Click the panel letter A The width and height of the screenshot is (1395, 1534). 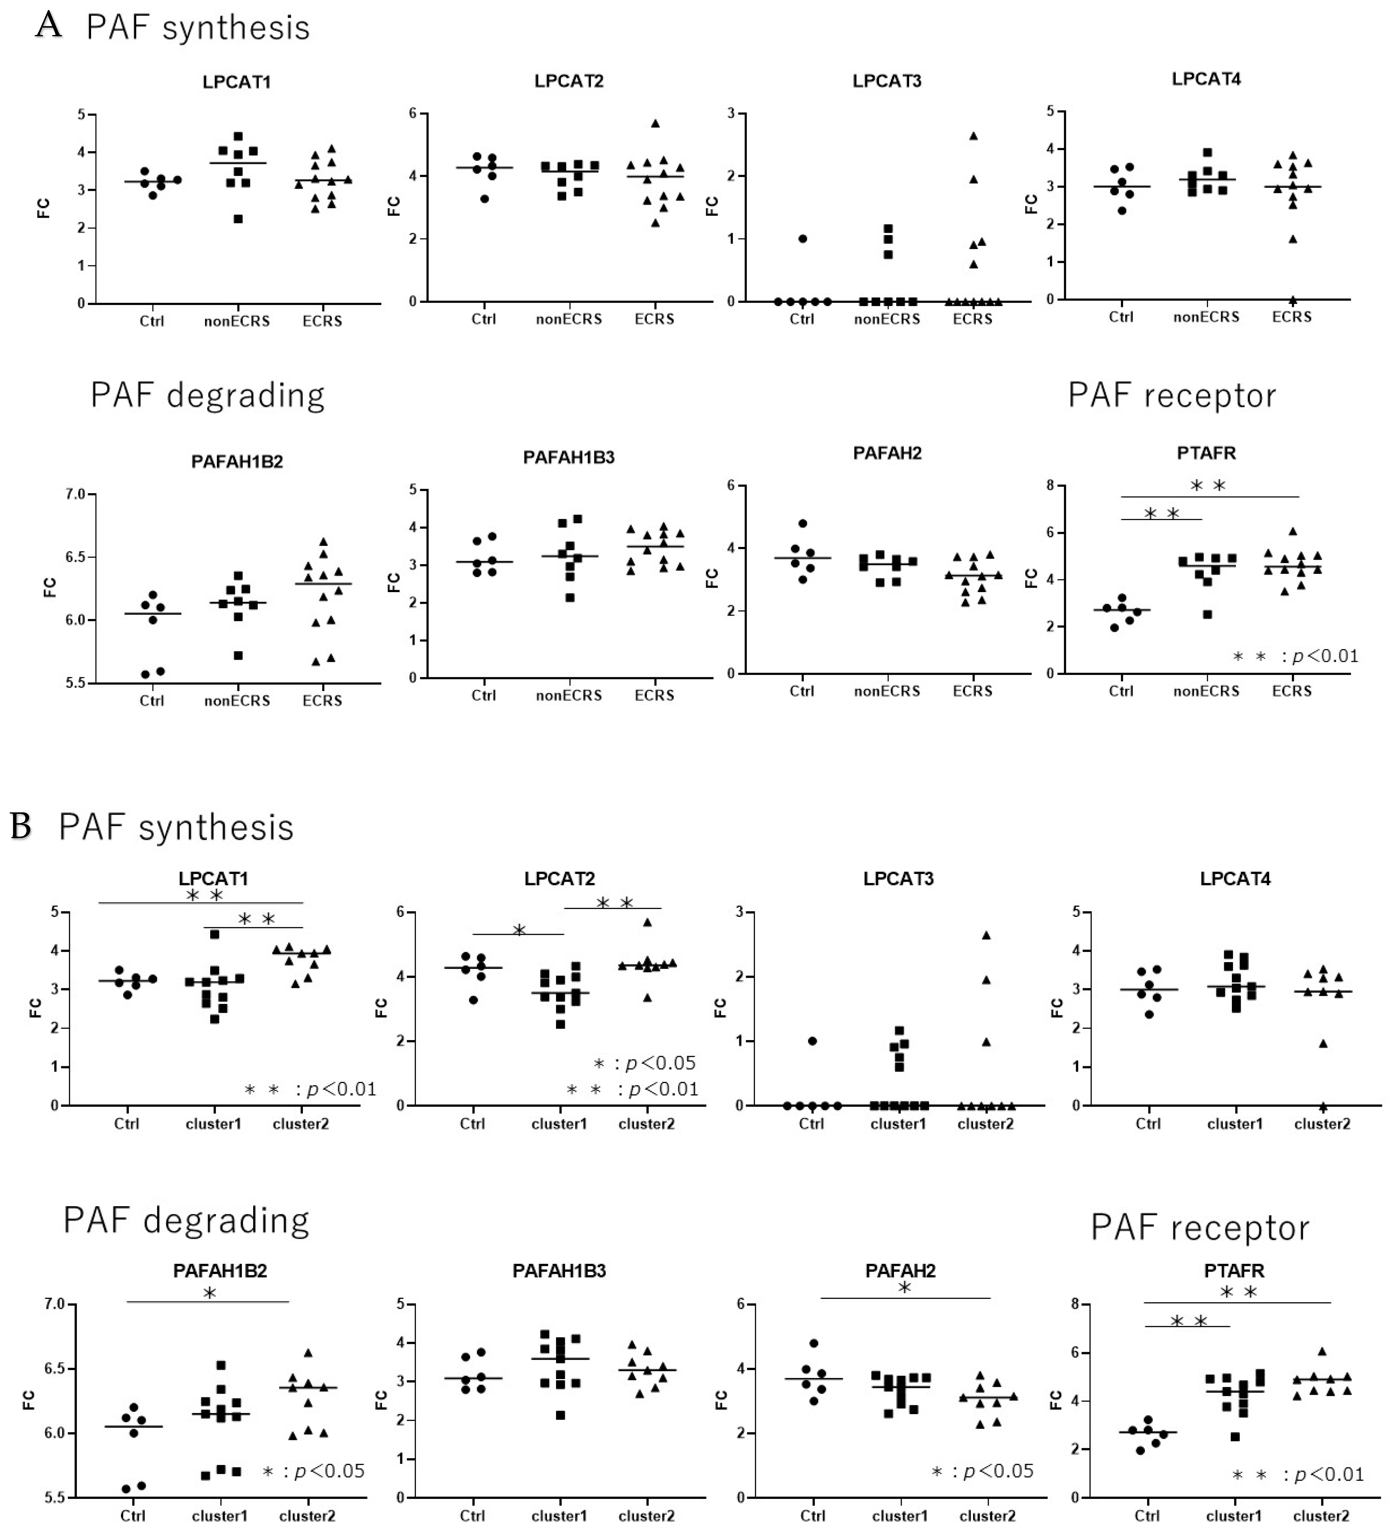(49, 25)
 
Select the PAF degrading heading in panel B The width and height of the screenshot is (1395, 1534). (186, 1220)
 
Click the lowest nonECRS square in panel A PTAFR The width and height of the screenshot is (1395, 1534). (1207, 614)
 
